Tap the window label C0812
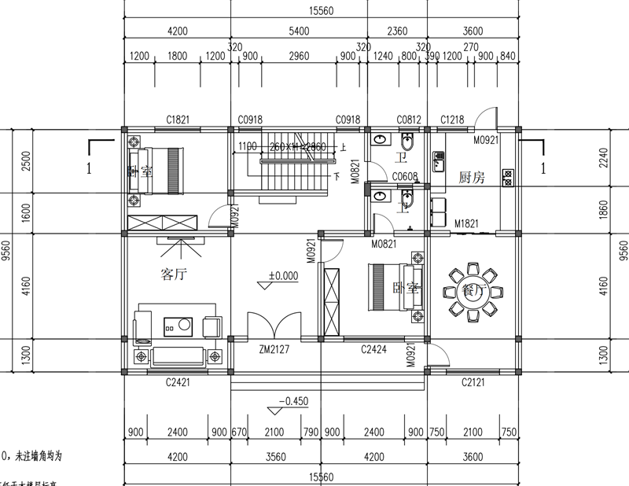point(410,120)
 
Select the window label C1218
point(452,120)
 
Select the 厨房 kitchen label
point(472,179)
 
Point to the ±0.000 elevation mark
point(283,276)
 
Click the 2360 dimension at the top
point(397,31)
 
